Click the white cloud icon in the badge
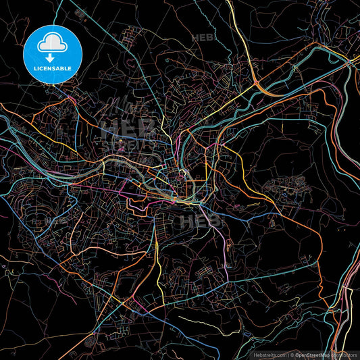(52, 44)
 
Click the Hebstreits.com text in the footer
(268, 353)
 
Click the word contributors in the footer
(346, 353)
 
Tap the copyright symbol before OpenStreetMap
(292, 353)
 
